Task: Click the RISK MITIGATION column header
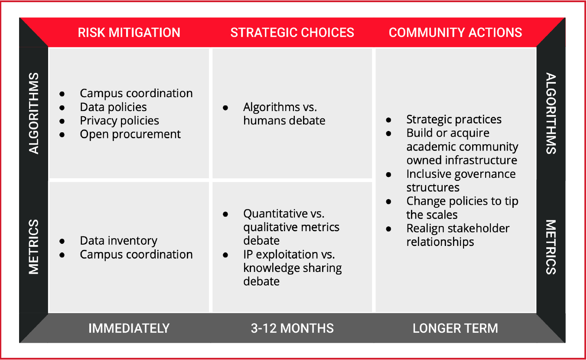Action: pos(129,33)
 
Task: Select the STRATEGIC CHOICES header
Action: pos(292,33)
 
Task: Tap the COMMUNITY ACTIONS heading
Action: pos(456,33)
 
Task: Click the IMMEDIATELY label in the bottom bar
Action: pos(129,328)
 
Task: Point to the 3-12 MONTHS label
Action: pos(292,328)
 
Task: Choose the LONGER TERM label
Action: pos(456,328)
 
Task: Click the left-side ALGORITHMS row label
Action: pos(34,113)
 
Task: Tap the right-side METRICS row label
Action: pos(551,247)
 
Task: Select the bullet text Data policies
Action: pos(113,107)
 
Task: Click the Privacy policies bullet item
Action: pos(120,121)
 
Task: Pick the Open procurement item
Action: pos(130,134)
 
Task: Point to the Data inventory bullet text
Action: pos(118,241)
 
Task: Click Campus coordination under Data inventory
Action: pos(136,254)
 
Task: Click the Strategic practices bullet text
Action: pos(454,120)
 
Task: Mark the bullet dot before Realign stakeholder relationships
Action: pos(388,229)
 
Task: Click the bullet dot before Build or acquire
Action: pos(388,134)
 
